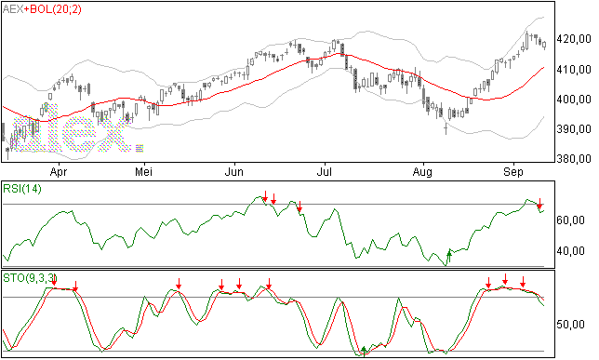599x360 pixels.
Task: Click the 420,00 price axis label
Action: coord(574,39)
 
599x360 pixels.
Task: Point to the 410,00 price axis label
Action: coord(574,70)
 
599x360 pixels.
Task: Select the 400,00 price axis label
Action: coord(574,100)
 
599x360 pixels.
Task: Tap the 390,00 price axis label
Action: coord(574,129)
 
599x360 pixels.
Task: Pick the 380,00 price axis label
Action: coord(574,158)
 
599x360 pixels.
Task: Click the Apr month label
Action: coord(59,172)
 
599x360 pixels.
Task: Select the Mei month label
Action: coord(143,172)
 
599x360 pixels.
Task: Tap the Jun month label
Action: coord(233,172)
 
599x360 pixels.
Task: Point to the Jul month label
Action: coord(325,172)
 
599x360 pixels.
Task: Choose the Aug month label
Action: coord(422,172)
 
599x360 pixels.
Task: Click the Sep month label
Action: coord(513,172)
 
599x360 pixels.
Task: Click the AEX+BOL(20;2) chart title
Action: coord(42,9)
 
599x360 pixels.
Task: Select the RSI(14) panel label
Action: coord(22,189)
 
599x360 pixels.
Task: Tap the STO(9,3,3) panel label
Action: coord(30,278)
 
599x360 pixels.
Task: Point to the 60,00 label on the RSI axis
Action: coord(571,220)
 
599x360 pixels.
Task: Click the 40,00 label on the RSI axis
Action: coord(571,251)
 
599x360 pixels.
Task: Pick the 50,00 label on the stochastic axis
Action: coord(571,325)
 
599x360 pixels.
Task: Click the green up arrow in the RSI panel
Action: coord(449,257)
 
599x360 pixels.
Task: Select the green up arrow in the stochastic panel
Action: coord(364,350)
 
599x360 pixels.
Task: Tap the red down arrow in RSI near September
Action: coord(539,204)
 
